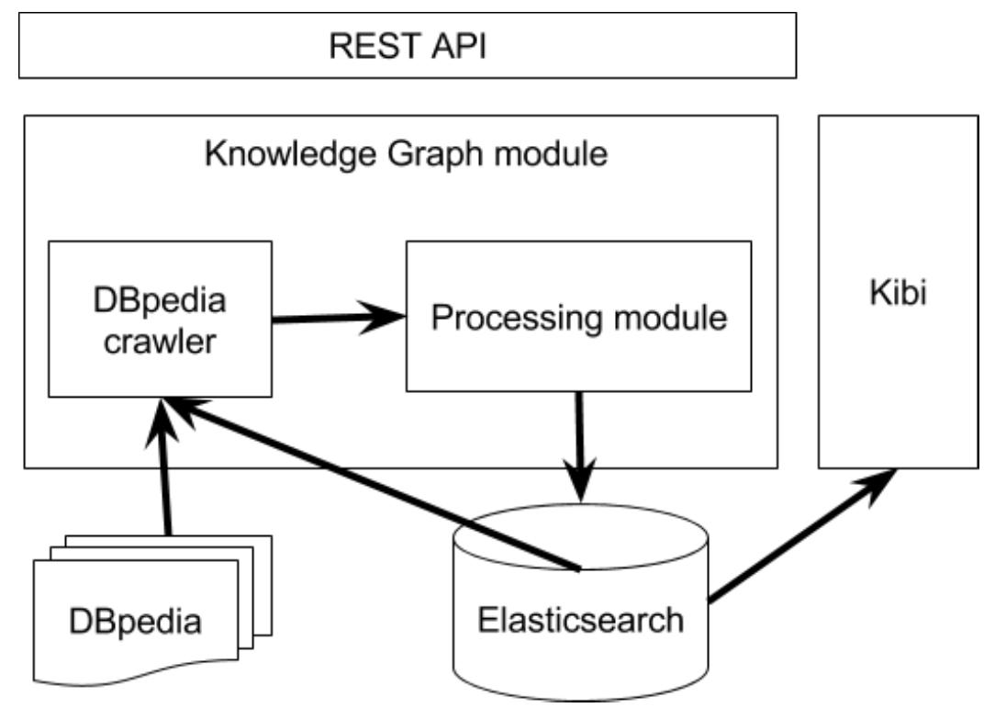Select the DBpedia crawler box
[x=160, y=319]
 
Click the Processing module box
[x=578, y=318]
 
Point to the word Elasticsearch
[x=580, y=619]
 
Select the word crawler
[x=160, y=342]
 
